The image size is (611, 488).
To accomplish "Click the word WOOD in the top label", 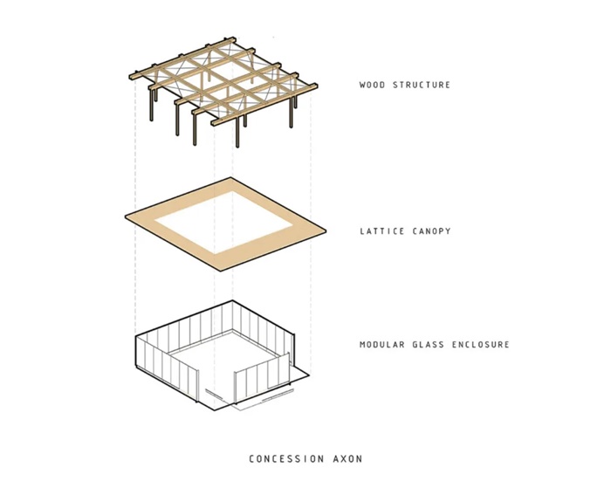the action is coord(372,85).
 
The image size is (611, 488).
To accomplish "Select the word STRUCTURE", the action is coord(422,85).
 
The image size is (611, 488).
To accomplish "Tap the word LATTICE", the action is coord(382,231).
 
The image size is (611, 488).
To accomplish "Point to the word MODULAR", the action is coord(382,345).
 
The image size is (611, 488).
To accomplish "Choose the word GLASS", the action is coord(429,345).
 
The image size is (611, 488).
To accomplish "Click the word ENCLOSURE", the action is coord(481,345).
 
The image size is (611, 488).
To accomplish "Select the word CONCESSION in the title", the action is coord(286,459).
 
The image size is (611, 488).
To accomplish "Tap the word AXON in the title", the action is coord(347,459).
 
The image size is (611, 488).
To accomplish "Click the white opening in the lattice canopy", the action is coord(223,222).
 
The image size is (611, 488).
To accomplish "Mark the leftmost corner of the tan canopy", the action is coord(125,217).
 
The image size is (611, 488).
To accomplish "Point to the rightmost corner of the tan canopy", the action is coord(326,231).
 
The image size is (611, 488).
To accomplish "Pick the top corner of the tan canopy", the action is coord(230,177).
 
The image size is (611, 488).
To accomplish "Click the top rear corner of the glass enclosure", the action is coord(233,300).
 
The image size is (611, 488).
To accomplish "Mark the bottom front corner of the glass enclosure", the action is coord(215,411).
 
